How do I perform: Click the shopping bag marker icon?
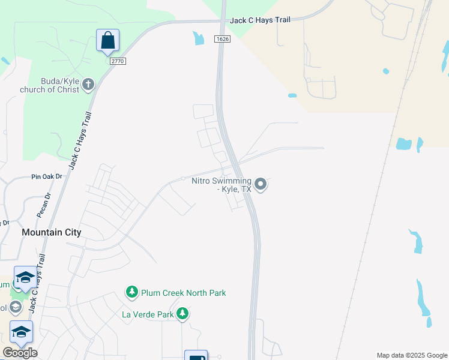coord(108,41)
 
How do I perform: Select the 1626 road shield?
coord(221,38)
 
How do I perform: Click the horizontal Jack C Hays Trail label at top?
coord(260,20)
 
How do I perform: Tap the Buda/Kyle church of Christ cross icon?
coord(88,84)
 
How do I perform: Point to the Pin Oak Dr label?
coord(47,177)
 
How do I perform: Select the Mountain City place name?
coord(51,232)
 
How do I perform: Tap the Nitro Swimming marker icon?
coord(260,184)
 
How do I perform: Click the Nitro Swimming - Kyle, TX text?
coord(221,184)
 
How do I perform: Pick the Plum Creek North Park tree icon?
coord(131,292)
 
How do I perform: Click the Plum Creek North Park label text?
coord(183,293)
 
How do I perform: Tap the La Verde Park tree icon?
coord(182,313)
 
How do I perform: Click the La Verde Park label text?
coord(148,314)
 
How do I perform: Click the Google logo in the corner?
coord(20,352)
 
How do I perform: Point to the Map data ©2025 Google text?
coord(412,355)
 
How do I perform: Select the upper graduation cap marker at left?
coord(25,278)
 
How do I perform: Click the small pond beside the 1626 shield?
coord(198,38)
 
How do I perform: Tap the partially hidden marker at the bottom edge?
coord(196,356)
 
